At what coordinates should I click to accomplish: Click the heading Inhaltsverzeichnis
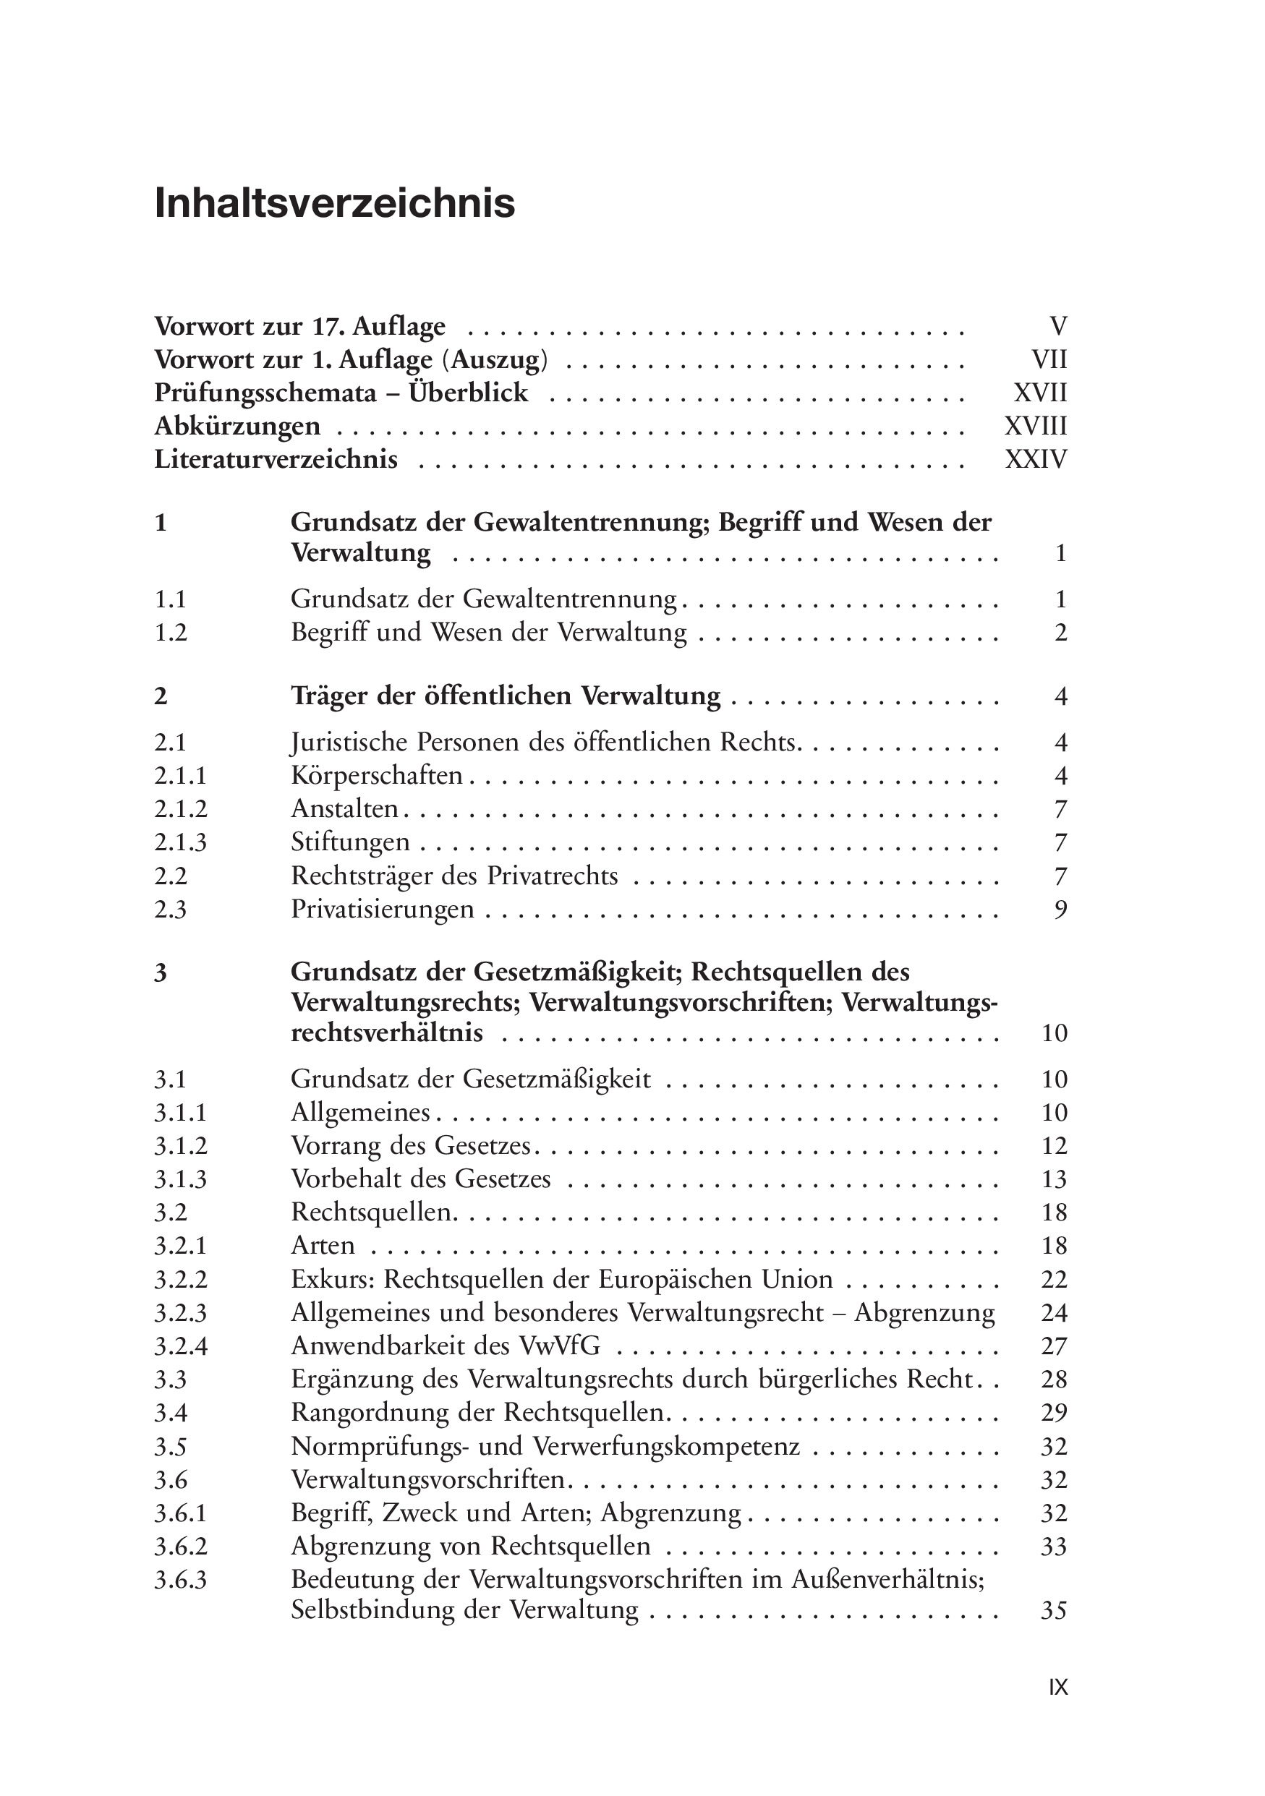click(335, 203)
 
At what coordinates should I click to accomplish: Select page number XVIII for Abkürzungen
click(1035, 427)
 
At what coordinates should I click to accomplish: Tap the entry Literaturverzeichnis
click(276, 459)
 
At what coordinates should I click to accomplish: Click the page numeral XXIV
click(1035, 459)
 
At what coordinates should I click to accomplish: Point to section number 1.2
click(171, 632)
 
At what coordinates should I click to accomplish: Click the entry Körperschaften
click(376, 776)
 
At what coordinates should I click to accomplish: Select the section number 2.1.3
click(181, 842)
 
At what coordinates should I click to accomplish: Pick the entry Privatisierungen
click(383, 909)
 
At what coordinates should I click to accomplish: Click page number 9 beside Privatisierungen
click(1060, 909)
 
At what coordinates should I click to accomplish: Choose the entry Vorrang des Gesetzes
click(411, 1146)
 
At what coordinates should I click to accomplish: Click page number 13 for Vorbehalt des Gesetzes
click(1054, 1179)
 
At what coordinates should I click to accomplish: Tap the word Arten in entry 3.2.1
click(323, 1245)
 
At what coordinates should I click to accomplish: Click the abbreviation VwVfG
click(559, 1346)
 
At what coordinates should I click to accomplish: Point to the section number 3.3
click(171, 1379)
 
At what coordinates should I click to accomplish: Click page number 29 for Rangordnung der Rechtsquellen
click(1054, 1413)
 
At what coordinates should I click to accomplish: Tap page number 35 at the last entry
click(1054, 1611)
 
